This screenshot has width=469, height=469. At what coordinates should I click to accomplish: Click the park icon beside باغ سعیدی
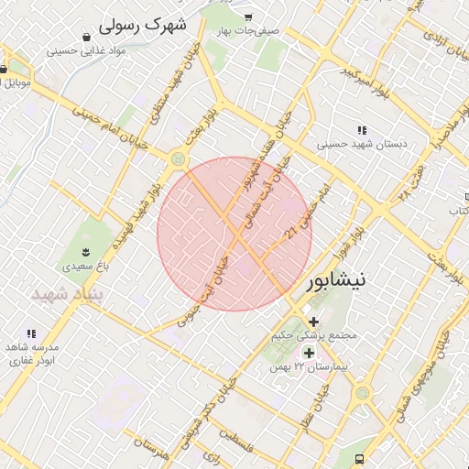tap(85, 252)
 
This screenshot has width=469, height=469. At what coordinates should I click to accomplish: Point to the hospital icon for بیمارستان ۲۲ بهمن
tap(309, 353)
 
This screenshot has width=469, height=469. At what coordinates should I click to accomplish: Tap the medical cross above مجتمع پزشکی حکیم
tap(314, 322)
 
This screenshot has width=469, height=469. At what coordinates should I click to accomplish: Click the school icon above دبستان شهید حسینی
tap(363, 130)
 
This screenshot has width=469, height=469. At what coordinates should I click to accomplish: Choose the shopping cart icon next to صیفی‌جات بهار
tap(249, 17)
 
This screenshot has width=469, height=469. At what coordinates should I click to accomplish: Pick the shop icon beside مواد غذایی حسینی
tap(85, 38)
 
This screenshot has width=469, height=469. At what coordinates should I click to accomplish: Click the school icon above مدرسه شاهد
tap(31, 334)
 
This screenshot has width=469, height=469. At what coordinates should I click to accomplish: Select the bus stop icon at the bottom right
tap(360, 459)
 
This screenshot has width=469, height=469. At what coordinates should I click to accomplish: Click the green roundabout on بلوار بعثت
tap(177, 160)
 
